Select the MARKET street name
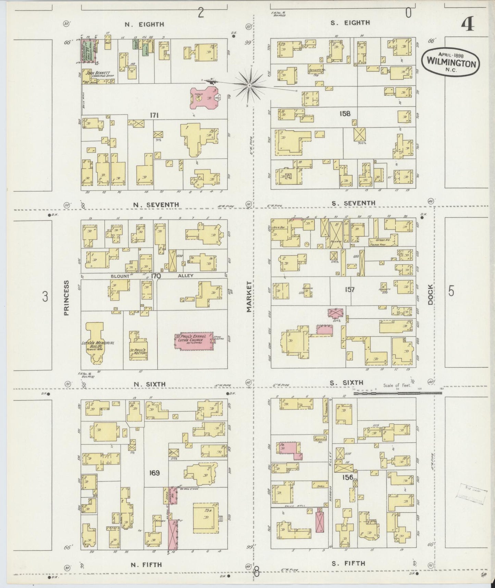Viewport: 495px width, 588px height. pos(249,297)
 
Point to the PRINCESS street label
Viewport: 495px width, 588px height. pos(66,297)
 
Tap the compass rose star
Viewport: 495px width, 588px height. pos(250,85)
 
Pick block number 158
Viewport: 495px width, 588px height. pos(345,113)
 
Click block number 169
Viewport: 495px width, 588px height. pos(154,473)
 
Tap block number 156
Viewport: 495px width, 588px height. pos(348,477)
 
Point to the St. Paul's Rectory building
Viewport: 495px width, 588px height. pos(138,349)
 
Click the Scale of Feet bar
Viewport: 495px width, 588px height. pos(397,393)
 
